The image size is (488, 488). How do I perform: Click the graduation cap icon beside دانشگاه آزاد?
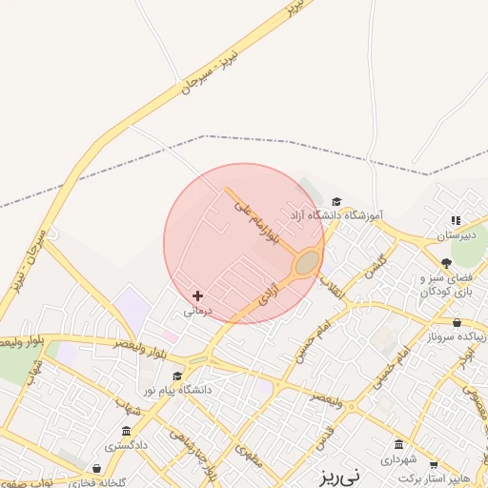pos(336,201)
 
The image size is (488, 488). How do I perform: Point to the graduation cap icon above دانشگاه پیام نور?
pos(176,376)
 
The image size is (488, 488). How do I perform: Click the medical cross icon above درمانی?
pos(197,296)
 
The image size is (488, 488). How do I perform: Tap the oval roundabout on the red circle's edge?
pos(307,262)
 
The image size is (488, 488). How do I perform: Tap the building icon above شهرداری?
pos(398,445)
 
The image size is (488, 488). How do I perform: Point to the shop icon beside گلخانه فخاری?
pos(98,468)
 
